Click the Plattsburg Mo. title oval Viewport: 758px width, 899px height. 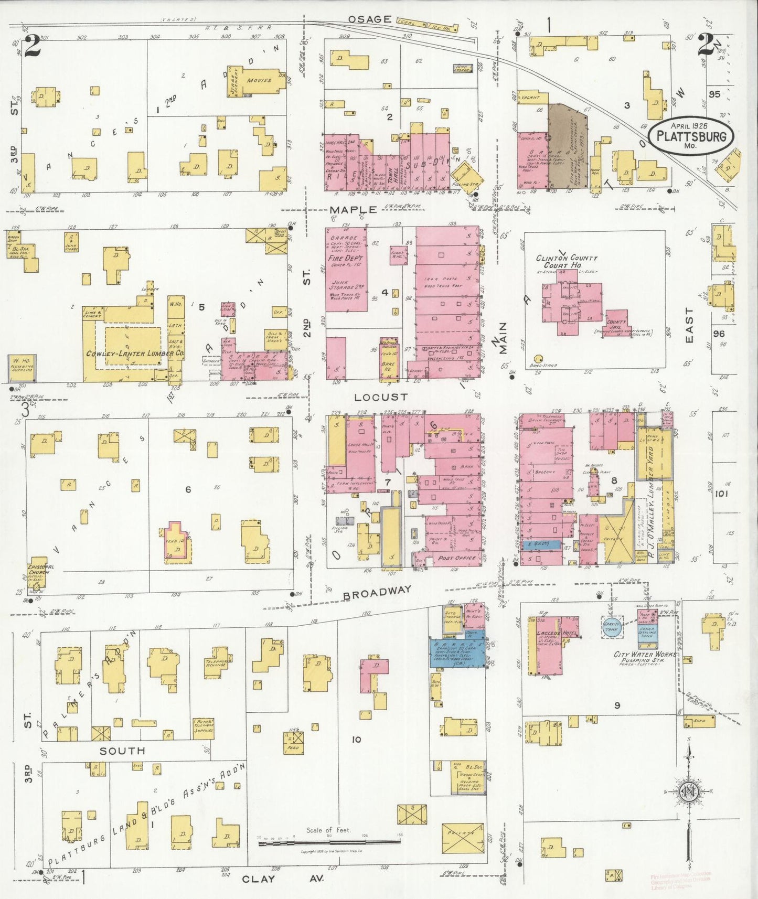(x=691, y=136)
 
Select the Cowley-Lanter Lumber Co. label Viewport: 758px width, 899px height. (x=135, y=354)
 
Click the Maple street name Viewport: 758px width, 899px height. (x=353, y=210)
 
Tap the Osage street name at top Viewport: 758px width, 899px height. (x=370, y=19)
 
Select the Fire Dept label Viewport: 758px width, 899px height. (x=345, y=259)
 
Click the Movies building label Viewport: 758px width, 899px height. (x=259, y=80)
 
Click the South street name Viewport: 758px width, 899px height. (x=122, y=751)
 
